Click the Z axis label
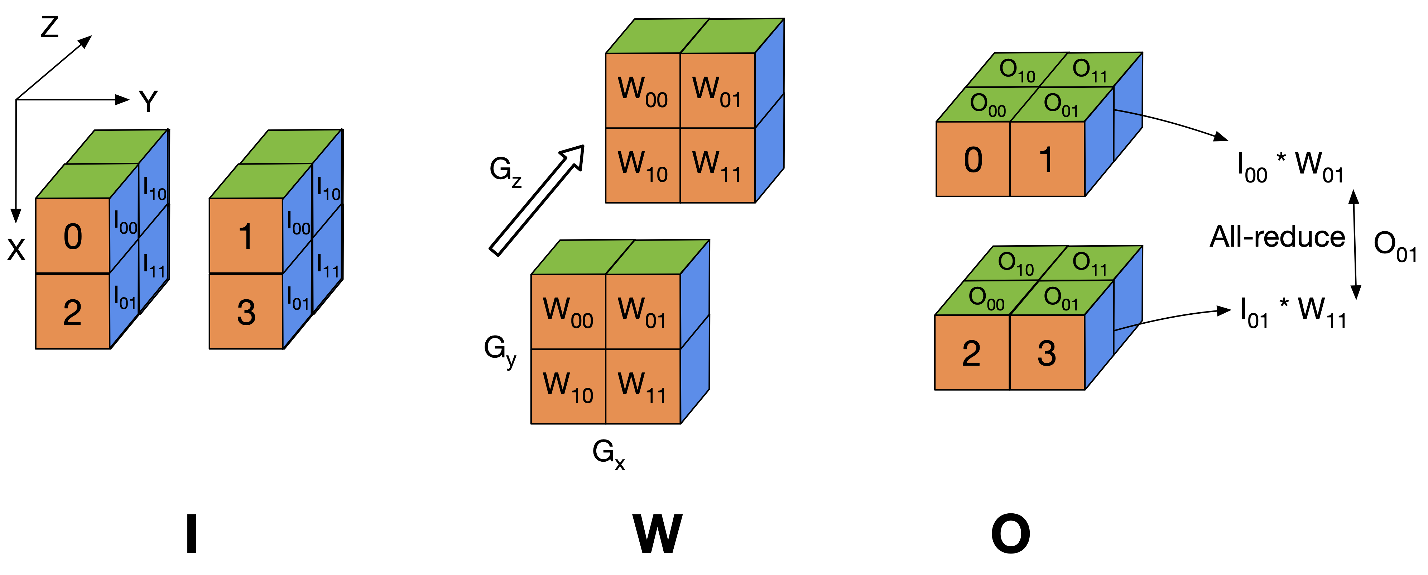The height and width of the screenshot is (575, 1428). coord(50,27)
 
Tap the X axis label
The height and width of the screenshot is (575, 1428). coord(16,250)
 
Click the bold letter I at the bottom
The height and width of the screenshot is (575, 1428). coord(191,534)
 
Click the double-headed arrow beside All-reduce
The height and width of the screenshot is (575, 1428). coord(1355,244)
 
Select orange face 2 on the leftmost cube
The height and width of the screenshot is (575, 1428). coord(73,312)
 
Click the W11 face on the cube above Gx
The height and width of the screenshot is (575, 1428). coord(643,386)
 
